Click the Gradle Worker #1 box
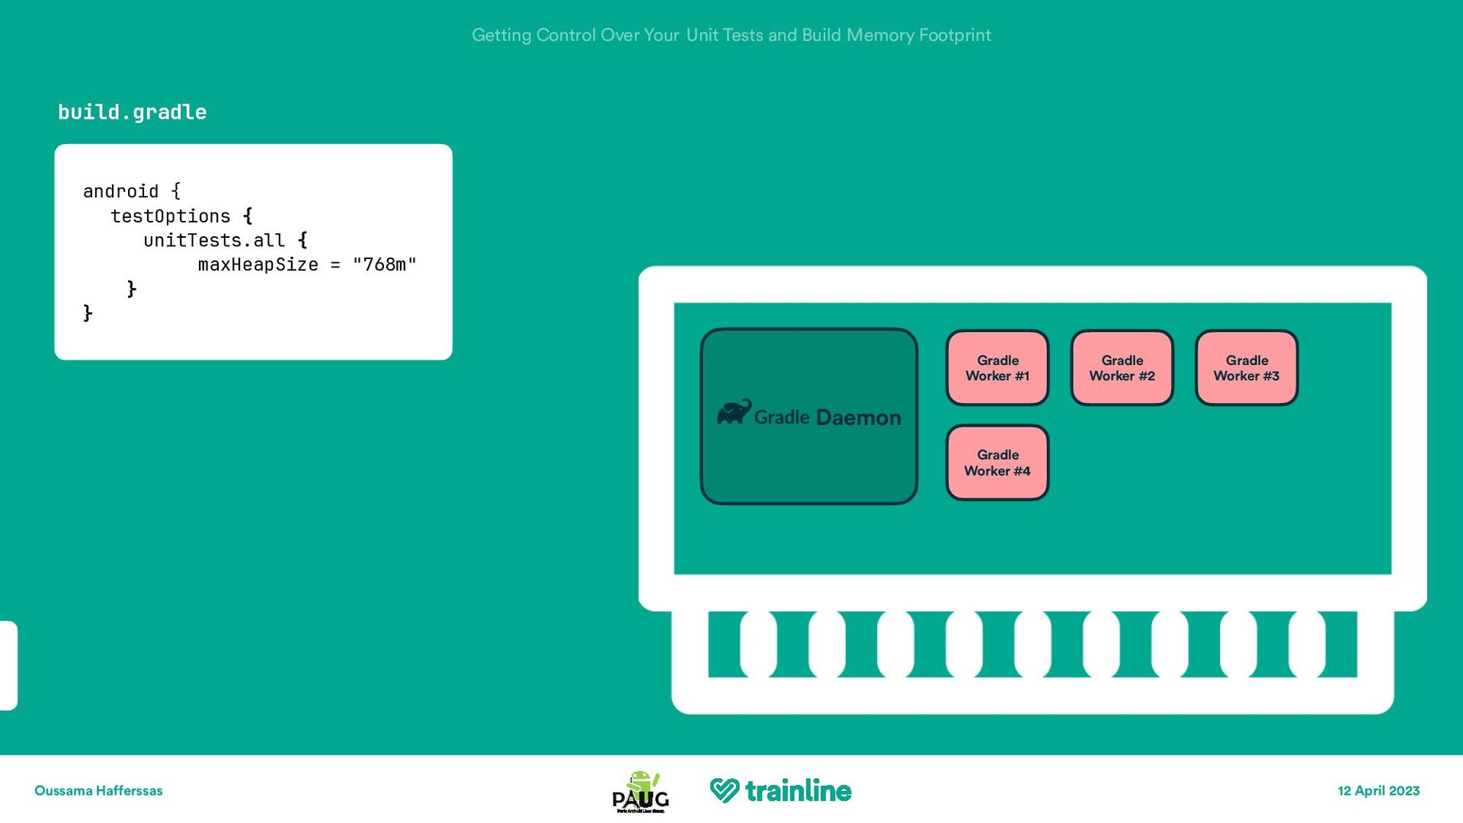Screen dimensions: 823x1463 (x=997, y=368)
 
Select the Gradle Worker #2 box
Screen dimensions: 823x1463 (x=1122, y=368)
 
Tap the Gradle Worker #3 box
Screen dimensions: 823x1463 (x=1247, y=368)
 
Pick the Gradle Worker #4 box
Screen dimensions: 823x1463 (x=997, y=463)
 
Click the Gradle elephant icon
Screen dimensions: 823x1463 (x=734, y=412)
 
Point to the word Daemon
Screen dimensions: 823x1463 (x=858, y=418)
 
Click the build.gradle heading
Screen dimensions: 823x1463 (x=133, y=113)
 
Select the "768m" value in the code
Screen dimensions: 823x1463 (x=384, y=264)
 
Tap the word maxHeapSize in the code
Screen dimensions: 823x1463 (x=258, y=264)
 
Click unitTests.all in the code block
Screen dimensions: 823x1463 (x=214, y=241)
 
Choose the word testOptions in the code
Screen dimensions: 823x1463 (x=171, y=216)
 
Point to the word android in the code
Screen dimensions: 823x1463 (x=120, y=191)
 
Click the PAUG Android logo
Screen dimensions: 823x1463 (x=641, y=792)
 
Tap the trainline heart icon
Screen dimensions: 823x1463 (x=724, y=790)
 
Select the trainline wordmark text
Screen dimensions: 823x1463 (x=798, y=791)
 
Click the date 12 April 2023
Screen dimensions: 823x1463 (x=1378, y=791)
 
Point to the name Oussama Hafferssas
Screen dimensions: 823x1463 (x=98, y=791)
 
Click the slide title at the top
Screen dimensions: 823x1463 (x=731, y=35)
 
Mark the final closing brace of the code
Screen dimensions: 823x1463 (x=88, y=313)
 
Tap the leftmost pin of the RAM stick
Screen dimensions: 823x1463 (x=758, y=644)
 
